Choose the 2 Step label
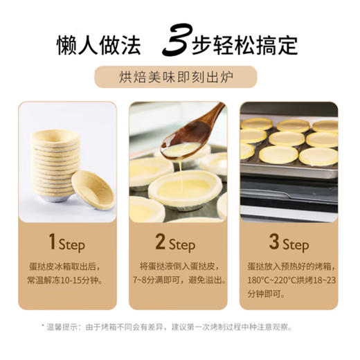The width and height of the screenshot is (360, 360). coord(178,245)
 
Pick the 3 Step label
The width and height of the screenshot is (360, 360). coord(289,245)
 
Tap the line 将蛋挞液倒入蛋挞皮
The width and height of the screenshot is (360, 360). coord(178,265)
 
